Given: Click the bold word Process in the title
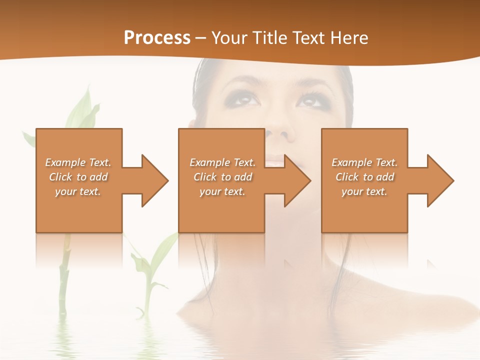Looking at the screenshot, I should tap(157, 37).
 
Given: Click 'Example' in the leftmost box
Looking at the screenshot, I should tap(65, 162).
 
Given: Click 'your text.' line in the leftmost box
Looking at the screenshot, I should tap(78, 191).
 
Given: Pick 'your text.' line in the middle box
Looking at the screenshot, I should tap(222, 191).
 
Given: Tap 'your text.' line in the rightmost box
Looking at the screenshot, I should tap(364, 191).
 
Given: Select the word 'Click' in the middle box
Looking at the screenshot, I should tap(204, 177).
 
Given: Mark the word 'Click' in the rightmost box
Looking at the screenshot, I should tap(347, 177).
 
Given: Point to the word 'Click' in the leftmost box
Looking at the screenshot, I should tap(60, 177).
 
